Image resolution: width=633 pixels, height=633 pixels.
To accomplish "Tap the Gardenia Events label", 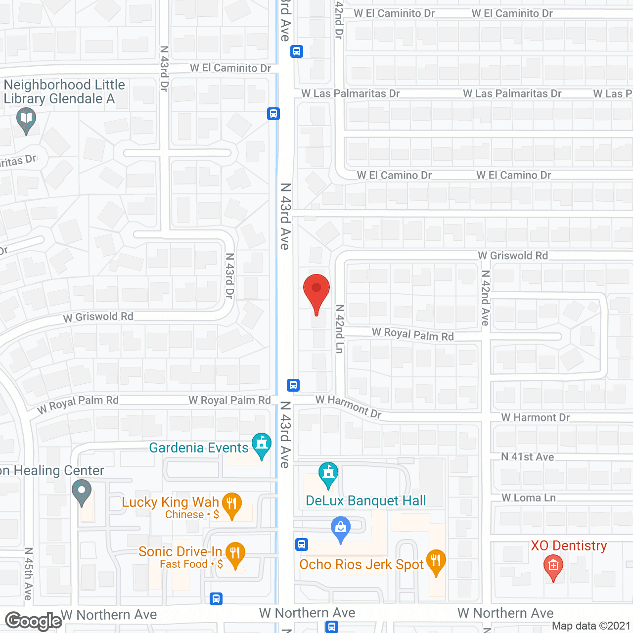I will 199,448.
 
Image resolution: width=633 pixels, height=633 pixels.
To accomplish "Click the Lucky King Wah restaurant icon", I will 231,505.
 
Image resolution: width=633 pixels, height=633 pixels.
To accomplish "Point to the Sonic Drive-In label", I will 180,552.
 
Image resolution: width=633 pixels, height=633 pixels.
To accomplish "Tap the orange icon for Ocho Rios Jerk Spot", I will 436,562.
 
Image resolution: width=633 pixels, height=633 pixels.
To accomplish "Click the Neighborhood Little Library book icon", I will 26,120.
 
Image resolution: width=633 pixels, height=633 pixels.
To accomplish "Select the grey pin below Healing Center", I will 82,493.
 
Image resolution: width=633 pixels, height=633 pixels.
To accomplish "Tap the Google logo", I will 33,621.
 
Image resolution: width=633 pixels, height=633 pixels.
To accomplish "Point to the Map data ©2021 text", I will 591,626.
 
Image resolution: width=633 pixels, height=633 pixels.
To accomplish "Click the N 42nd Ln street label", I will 339,328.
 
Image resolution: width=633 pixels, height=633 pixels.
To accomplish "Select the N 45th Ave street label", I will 29,574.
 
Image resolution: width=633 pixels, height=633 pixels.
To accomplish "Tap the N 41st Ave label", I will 527,457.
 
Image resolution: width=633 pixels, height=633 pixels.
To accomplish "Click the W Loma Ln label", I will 528,498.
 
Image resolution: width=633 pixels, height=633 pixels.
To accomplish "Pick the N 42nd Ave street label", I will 486,298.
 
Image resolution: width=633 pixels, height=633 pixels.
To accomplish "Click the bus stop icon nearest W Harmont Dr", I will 293,385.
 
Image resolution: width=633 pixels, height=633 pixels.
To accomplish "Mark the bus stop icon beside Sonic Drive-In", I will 216,599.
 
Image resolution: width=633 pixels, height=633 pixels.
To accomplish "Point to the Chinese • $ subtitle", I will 192,515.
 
